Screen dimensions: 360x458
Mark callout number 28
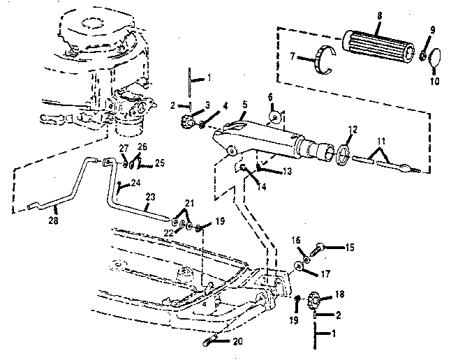pos(53,220)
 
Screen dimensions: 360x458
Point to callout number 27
pos(124,148)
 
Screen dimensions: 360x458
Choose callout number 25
pos(160,163)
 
